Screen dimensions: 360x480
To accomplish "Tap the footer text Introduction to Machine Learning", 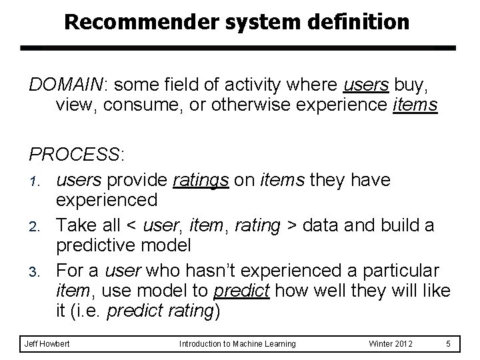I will pos(237,343).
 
